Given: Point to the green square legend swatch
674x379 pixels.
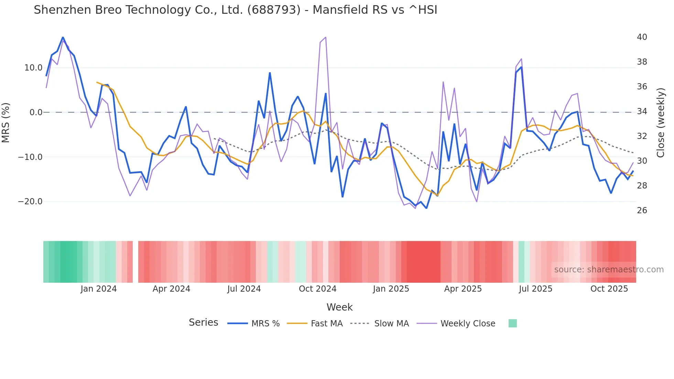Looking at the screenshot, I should [x=512, y=323].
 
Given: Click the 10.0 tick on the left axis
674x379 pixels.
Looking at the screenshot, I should [x=33, y=68].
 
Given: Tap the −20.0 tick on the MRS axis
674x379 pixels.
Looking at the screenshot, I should [x=30, y=202].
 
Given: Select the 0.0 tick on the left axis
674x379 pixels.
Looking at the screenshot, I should [x=36, y=112].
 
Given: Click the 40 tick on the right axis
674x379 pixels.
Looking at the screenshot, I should [x=642, y=37].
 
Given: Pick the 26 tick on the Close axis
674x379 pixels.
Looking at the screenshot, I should [x=642, y=210].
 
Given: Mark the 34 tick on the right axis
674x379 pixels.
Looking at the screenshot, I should [x=642, y=111].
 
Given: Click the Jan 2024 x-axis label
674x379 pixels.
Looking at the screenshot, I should [x=99, y=289].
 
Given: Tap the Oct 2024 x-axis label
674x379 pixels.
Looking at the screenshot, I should [x=317, y=289].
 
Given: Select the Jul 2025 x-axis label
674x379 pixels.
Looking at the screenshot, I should [x=535, y=289].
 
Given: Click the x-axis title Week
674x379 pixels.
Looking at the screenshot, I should [x=339, y=307].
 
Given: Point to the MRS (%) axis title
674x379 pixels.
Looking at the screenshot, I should [x=6, y=122].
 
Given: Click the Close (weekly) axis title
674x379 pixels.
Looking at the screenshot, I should [x=660, y=123].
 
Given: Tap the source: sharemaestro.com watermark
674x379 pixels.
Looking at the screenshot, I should [x=609, y=270].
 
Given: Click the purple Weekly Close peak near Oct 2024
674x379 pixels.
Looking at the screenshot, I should [x=325, y=37].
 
